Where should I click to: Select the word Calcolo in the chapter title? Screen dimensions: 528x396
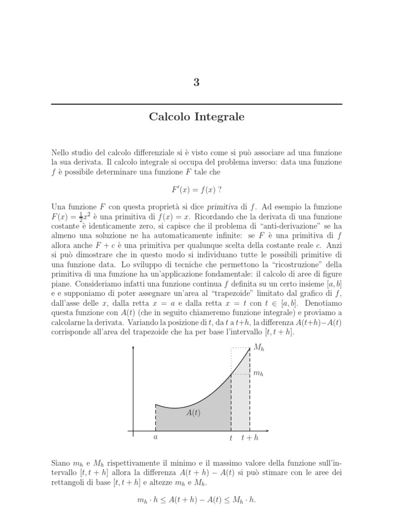point(169,117)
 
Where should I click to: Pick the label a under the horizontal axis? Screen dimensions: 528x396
point(156,438)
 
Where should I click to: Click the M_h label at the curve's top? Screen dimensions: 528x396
point(259,349)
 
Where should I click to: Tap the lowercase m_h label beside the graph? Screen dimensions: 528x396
point(259,373)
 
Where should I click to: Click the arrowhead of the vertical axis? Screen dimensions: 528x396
point(134,348)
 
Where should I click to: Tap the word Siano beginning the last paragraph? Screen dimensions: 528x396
point(61,463)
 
